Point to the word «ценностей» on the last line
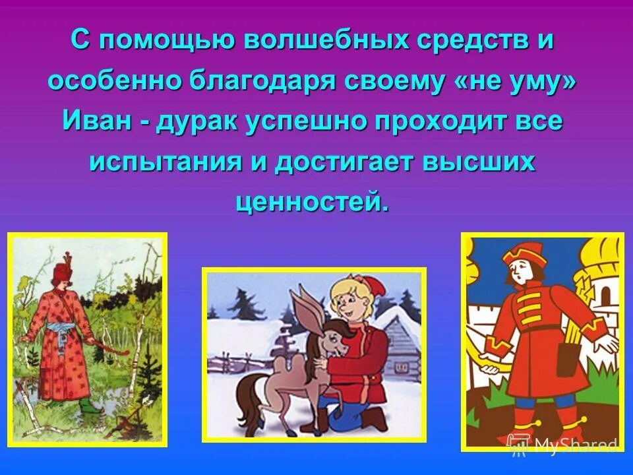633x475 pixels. pos(307,201)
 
